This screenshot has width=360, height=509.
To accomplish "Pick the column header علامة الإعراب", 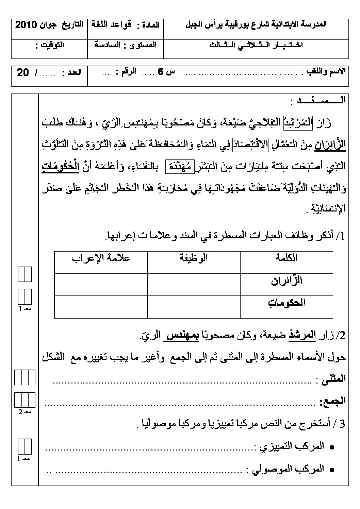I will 101,257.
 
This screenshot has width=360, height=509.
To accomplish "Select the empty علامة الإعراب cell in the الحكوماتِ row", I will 101,307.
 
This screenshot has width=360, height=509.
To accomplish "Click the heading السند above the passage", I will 321,101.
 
